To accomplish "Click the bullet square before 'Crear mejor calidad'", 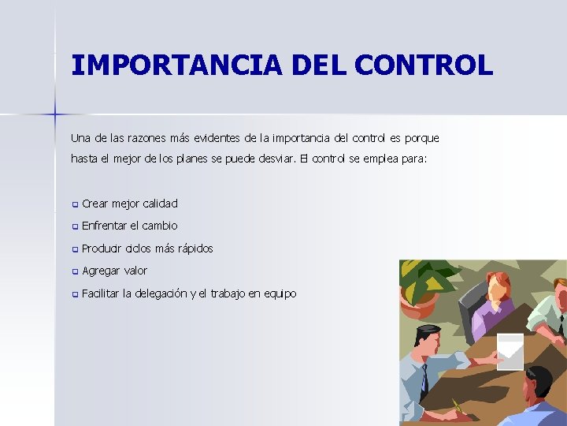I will pyautogui.click(x=75, y=204).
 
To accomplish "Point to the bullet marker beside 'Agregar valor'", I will pyautogui.click(x=75, y=272).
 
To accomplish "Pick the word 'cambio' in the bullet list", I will pyautogui.click(x=160, y=226).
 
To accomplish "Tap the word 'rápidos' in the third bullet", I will pyautogui.click(x=195, y=248).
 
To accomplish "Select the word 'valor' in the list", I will pyautogui.click(x=135, y=271).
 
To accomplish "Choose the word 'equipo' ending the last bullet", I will pyautogui.click(x=280, y=294).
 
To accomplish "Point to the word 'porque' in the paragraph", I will pyautogui.click(x=421, y=139).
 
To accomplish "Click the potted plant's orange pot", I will pyautogui.click(x=419, y=304).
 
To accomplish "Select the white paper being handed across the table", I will pyautogui.click(x=510, y=350).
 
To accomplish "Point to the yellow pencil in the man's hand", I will pyautogui.click(x=457, y=407).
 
